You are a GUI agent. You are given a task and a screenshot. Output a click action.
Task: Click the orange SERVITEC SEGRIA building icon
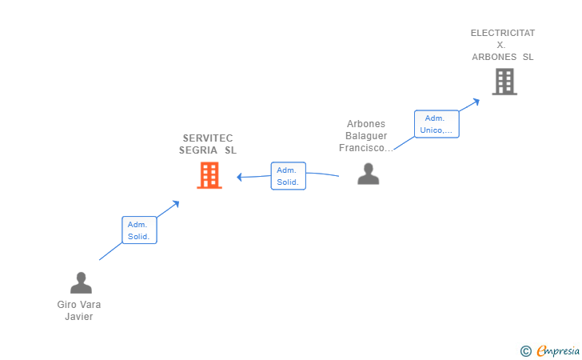click(209, 175)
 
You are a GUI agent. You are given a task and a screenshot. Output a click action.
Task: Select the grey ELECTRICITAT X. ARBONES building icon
click(504, 82)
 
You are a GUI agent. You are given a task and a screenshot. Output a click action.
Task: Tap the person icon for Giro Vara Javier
click(81, 283)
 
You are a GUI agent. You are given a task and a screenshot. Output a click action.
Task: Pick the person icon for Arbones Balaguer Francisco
click(368, 174)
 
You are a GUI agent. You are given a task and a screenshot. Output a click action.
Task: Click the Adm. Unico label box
click(436, 124)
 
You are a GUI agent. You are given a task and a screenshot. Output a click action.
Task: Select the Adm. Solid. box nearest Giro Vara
click(138, 230)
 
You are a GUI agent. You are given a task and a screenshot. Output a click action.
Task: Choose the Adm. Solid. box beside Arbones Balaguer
click(288, 176)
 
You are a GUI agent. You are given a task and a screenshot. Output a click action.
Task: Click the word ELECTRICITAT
click(503, 33)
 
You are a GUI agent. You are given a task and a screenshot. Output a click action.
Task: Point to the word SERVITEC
click(208, 138)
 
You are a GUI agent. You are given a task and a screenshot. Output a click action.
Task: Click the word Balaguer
click(366, 136)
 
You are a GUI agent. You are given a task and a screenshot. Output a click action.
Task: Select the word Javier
click(79, 316)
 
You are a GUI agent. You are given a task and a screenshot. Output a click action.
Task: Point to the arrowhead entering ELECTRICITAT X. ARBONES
click(476, 100)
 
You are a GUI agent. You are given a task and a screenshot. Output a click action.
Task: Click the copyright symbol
click(525, 350)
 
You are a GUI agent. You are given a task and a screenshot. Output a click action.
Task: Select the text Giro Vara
click(79, 304)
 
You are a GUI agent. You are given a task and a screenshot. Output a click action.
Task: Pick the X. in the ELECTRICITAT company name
click(501, 45)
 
